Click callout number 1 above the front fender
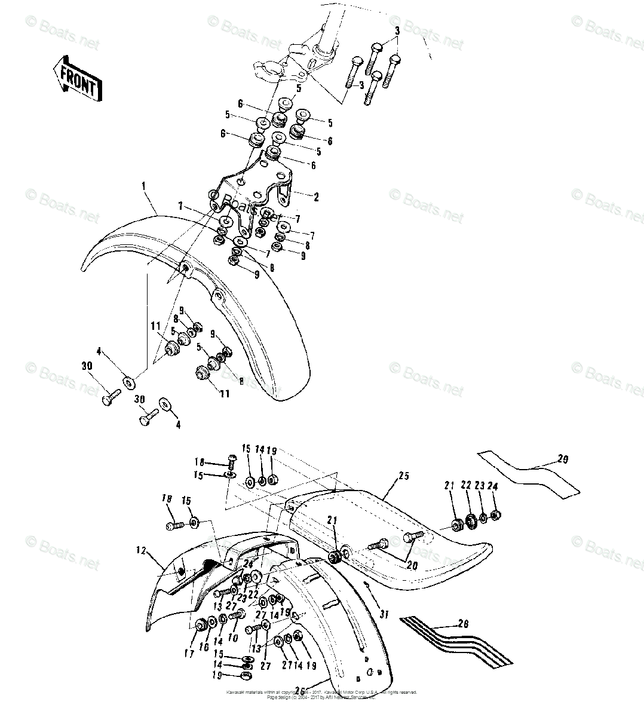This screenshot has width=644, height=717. point(144,186)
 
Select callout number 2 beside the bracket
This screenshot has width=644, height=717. point(316,197)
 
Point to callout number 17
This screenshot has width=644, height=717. point(189,654)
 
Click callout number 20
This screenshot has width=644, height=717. point(411,565)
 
